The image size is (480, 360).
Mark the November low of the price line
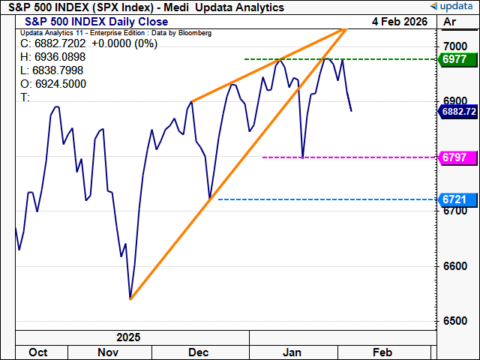click(x=130, y=298)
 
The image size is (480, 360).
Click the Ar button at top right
click(x=450, y=22)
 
